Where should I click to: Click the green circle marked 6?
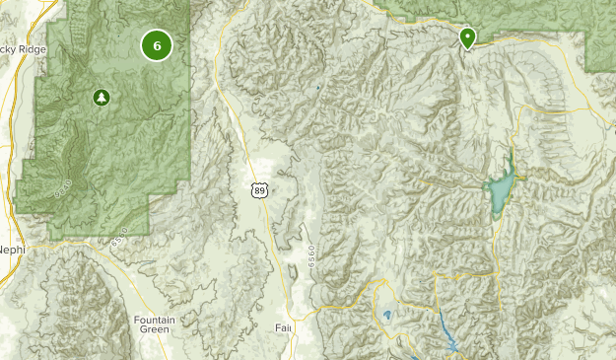pyautogui.click(x=157, y=44)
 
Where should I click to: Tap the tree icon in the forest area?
pyautogui.click(x=100, y=97)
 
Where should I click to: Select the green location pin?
pyautogui.click(x=467, y=37)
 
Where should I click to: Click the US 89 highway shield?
pyautogui.click(x=258, y=189)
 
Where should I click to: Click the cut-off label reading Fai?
pyautogui.click(x=284, y=326)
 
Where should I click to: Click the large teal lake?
pyautogui.click(x=500, y=184)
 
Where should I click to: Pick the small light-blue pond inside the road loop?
pyautogui.click(x=386, y=316)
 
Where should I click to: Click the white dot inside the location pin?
pyautogui.click(x=467, y=36)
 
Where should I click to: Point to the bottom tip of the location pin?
pyautogui.click(x=467, y=49)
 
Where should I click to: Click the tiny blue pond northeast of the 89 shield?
pyautogui.click(x=318, y=87)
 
